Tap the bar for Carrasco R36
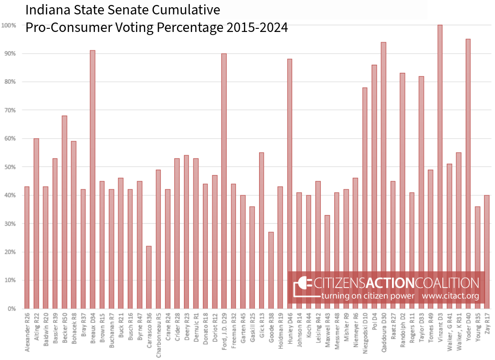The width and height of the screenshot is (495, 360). [149, 277]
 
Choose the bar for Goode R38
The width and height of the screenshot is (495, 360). [271, 270]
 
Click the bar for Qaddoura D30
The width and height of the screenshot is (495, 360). [383, 175]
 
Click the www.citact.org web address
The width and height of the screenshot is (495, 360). [450, 296]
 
